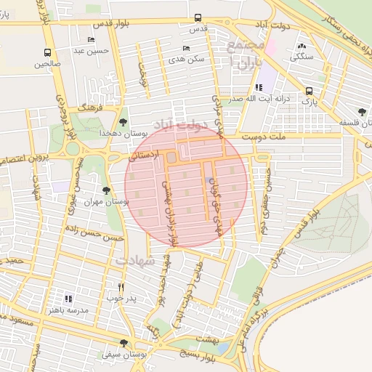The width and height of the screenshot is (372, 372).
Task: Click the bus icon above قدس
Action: click(198, 19)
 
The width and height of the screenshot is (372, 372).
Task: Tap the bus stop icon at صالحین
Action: click(47, 52)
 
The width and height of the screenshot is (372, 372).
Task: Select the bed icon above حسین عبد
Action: click(91, 40)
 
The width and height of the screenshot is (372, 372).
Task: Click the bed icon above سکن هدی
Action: click(187, 48)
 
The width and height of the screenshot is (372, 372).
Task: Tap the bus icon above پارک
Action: click(310, 91)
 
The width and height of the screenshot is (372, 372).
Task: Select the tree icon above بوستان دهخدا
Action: click(123, 122)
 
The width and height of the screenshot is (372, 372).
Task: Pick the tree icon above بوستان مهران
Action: click(107, 190)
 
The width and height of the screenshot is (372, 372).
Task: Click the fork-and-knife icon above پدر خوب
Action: click(121, 287)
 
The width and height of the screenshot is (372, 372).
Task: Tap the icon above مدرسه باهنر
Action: click(69, 299)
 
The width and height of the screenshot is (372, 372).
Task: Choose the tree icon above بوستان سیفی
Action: click(123, 343)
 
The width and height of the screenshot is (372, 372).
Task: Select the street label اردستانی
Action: click(145, 155)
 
